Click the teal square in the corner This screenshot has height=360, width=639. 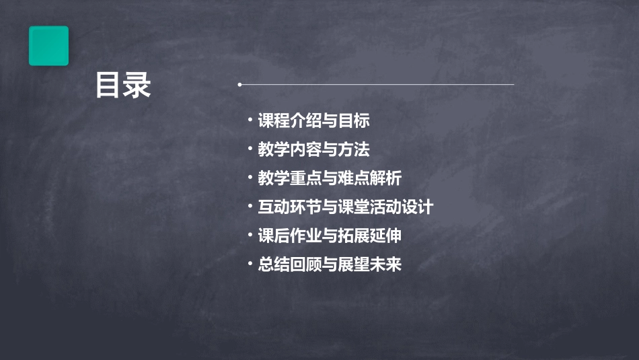[x=48, y=46]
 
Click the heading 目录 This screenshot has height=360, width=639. [x=123, y=85]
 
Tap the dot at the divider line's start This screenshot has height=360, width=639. [x=239, y=85]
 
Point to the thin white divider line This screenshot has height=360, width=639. [x=377, y=85]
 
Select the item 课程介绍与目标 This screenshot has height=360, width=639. [x=313, y=121]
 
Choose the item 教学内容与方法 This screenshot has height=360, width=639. [x=313, y=149]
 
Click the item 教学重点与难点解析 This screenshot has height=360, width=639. [x=330, y=178]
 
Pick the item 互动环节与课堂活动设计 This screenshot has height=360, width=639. [x=345, y=207]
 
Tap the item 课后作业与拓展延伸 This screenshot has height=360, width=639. [x=330, y=236]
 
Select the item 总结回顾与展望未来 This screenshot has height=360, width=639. [x=330, y=264]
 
